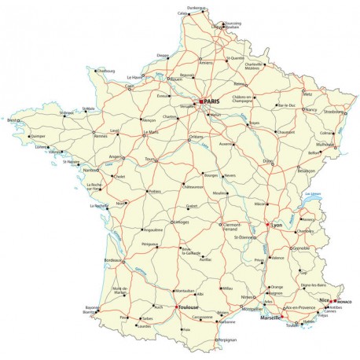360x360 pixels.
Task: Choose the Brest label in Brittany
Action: tap(12, 120)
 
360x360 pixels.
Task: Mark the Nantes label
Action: tap(89, 170)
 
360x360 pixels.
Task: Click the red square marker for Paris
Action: tap(202, 101)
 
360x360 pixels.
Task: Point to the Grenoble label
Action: tap(302, 248)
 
